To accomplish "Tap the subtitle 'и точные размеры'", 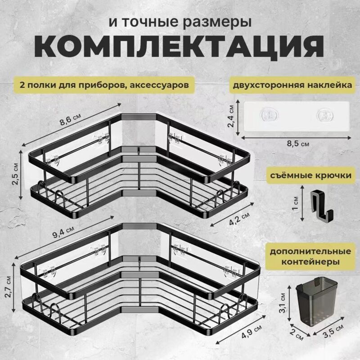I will [x=180, y=22].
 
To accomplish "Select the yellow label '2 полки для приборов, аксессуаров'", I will [x=101, y=84].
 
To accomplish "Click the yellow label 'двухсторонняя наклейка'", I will [x=290, y=84].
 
